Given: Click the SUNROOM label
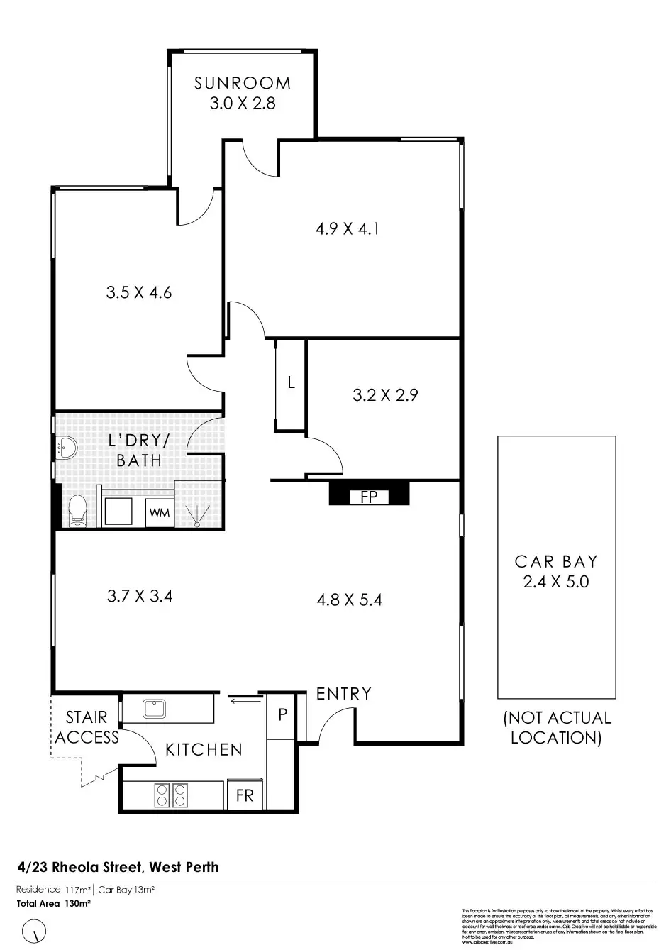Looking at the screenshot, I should tap(243, 83).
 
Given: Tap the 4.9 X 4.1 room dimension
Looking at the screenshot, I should tap(347, 229).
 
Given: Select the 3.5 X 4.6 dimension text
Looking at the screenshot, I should tap(139, 292).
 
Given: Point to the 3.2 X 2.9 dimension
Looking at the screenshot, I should tap(385, 395).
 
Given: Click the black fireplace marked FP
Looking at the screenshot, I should tap(369, 495).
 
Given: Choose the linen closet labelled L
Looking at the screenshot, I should tap(291, 384).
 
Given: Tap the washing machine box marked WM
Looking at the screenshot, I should tap(160, 512).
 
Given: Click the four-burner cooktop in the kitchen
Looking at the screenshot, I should tap(170, 794).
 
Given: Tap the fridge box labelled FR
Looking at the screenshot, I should tap(245, 795).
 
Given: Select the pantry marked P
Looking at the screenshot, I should tap(282, 714).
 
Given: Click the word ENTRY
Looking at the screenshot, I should tap(344, 693).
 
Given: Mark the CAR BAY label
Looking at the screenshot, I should tap(556, 562).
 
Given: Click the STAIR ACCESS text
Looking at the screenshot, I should tap(87, 727).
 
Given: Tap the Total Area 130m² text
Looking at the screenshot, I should tap(54, 904).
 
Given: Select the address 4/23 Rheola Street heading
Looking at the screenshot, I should tap(118, 867).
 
